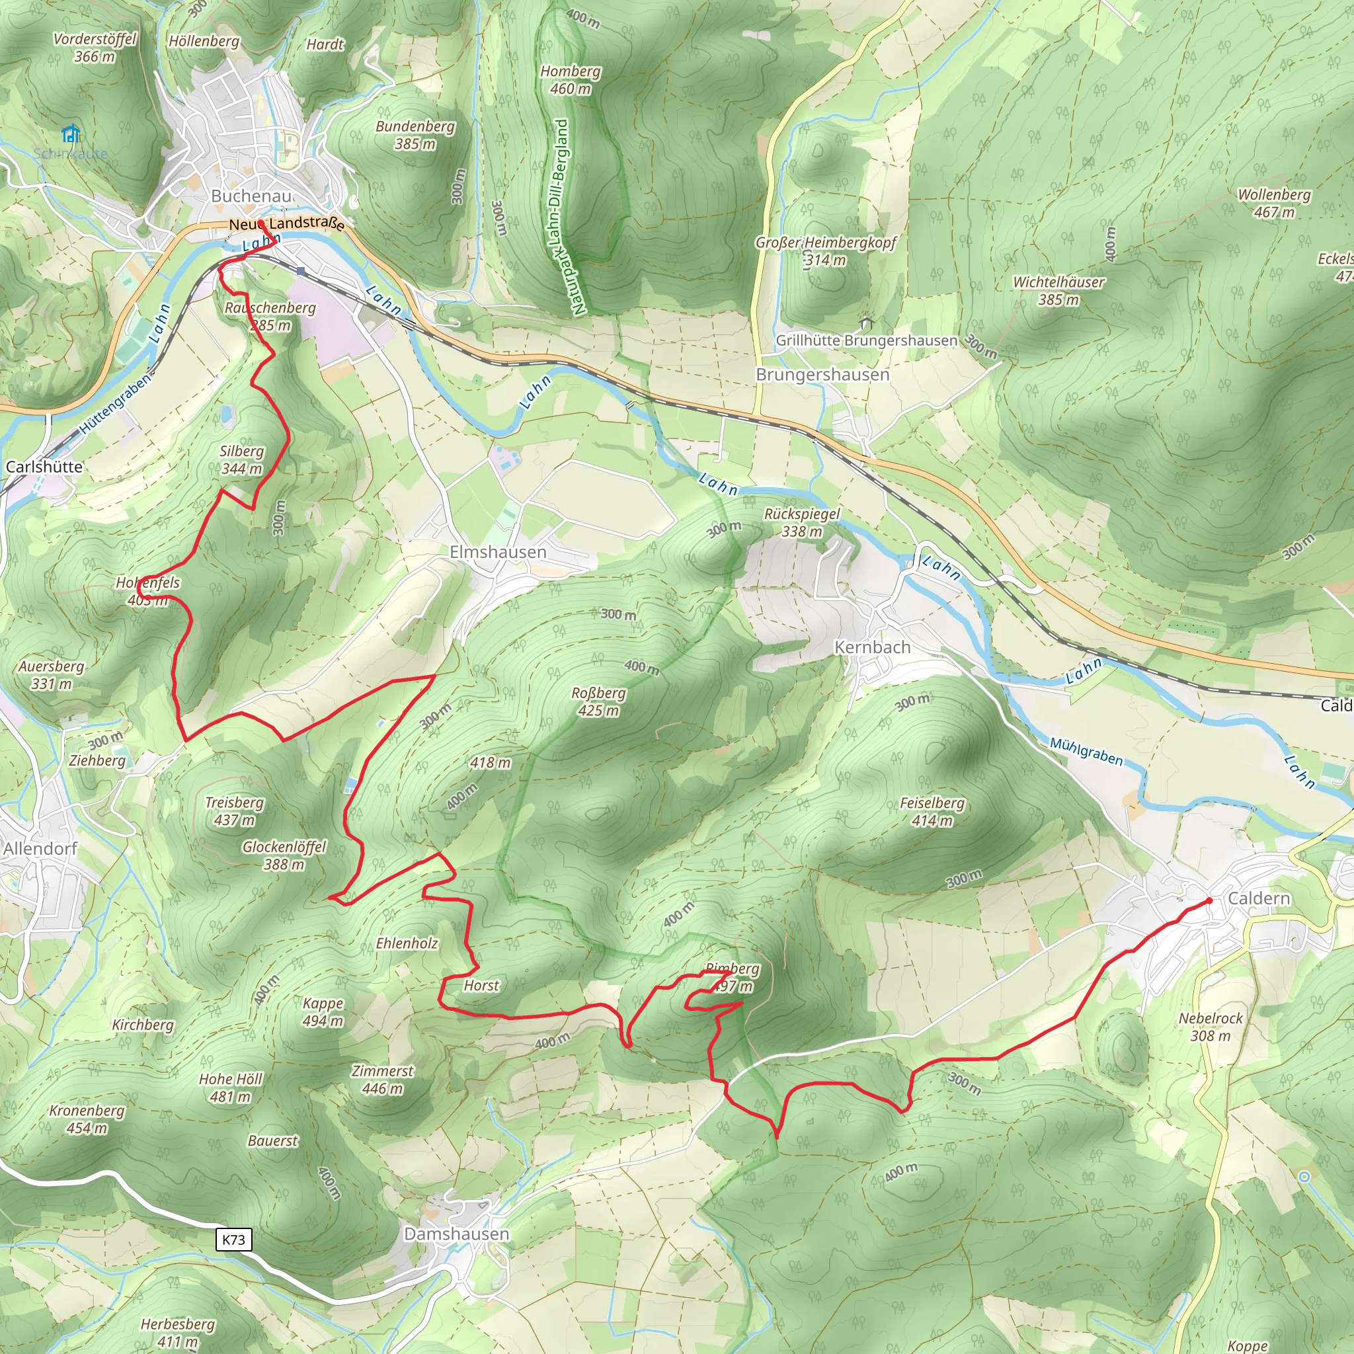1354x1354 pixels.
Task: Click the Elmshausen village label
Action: coord(498,552)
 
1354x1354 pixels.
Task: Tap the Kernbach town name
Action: coord(872,647)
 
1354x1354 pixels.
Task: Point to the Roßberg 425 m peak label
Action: coord(598,701)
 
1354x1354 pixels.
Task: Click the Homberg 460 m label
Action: coord(571,80)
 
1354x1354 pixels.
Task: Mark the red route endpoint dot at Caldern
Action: coord(1209,900)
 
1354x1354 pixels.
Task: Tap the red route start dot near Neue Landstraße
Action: coord(260,223)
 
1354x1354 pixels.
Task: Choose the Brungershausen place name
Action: coord(822,374)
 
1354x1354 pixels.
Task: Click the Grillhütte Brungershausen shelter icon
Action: coord(866,323)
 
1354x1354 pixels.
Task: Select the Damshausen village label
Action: coord(456,1234)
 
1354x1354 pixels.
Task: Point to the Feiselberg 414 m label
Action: coord(932,812)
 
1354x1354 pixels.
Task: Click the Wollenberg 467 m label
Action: coord(1274,203)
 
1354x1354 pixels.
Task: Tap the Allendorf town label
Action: coord(40,849)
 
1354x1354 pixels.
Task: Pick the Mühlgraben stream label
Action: coord(1086,751)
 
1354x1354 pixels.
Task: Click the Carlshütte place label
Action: coord(44,467)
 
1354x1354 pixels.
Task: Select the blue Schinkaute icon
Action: coord(70,133)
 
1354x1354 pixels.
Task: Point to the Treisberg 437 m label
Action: coord(234,811)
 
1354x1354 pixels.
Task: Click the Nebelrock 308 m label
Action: coord(1211,1027)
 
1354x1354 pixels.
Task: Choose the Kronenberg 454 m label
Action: coord(87,1119)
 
